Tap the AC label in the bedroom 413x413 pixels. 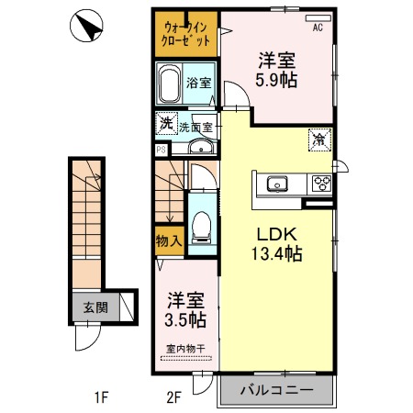tap(318, 28)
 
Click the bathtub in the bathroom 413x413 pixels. tap(170, 85)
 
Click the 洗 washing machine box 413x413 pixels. tap(165, 123)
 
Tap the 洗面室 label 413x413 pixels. tap(196, 128)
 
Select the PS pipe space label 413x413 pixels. tap(161, 148)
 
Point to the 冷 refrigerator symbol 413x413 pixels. tap(318, 140)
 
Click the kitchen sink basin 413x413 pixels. tap(276, 184)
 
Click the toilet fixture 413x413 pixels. tap(202, 226)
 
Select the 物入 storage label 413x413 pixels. tap(169, 241)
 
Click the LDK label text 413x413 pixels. tap(275, 234)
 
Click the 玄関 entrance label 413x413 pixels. tap(84, 307)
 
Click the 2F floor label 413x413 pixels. tap(174, 397)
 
